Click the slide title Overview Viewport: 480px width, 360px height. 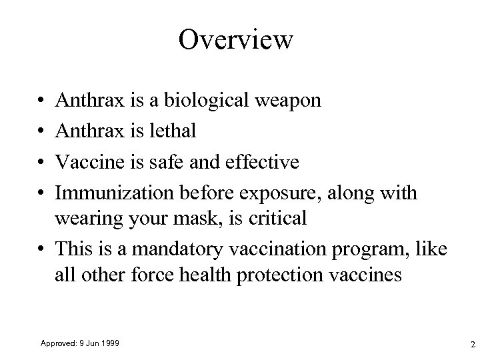tap(235, 40)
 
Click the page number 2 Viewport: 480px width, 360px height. tap(472, 345)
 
